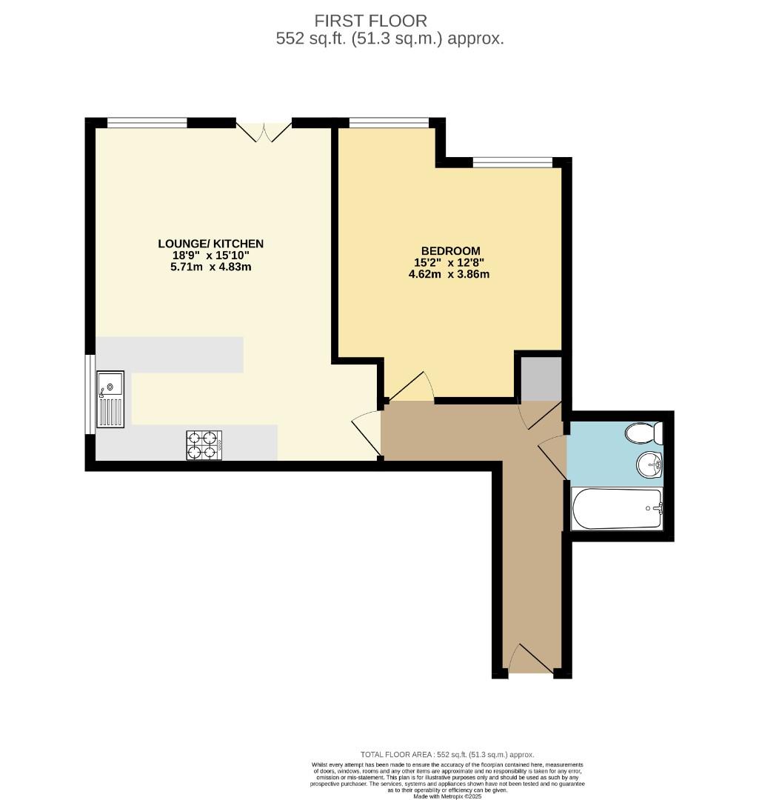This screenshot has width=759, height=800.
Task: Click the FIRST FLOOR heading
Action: point(370,21)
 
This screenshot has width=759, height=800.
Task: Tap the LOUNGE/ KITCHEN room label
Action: point(210,244)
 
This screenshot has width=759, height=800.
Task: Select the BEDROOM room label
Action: point(450,251)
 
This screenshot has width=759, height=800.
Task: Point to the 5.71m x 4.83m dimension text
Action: point(210,267)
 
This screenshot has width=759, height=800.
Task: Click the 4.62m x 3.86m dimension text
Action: point(449,274)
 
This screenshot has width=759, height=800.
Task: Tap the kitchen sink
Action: point(110,399)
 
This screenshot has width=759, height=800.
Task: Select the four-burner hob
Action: point(204,445)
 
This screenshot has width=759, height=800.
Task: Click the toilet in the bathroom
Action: point(643,433)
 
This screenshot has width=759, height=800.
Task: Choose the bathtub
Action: point(618,508)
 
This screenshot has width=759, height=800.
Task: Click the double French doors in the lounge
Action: point(264,132)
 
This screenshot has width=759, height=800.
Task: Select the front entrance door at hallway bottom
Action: point(531,660)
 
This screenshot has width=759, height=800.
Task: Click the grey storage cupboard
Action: point(541,379)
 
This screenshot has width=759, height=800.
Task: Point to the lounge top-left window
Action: point(147,122)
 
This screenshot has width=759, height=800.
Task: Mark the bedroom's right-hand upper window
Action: point(512,162)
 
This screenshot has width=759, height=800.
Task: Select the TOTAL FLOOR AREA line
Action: point(447,755)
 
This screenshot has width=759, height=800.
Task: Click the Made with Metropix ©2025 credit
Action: point(447,796)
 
